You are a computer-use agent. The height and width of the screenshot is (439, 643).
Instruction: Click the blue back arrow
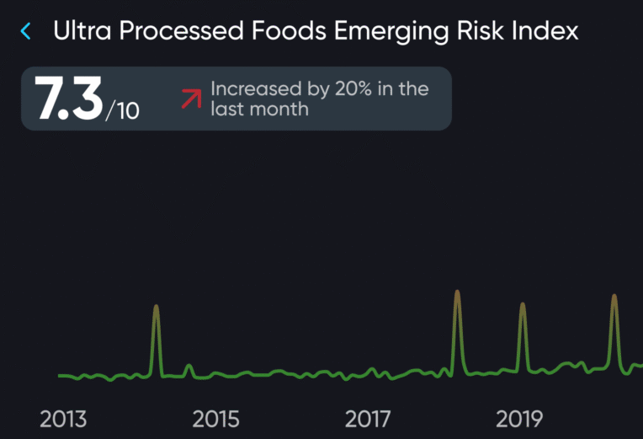click(x=25, y=32)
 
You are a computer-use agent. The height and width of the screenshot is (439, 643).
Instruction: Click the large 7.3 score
click(x=67, y=99)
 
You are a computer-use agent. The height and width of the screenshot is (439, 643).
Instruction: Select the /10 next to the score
click(x=123, y=110)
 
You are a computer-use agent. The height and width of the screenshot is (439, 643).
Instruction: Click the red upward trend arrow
click(x=191, y=99)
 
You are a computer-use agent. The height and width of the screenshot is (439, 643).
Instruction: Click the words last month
click(x=259, y=110)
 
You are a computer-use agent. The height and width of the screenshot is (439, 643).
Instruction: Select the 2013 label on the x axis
click(x=63, y=418)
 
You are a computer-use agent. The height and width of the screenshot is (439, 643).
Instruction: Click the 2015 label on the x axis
click(x=215, y=418)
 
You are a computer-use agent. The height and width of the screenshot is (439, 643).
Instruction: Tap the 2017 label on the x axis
click(x=368, y=418)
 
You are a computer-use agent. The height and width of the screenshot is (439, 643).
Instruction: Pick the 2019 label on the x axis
click(x=519, y=418)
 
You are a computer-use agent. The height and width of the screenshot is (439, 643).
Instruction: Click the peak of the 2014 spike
click(x=156, y=307)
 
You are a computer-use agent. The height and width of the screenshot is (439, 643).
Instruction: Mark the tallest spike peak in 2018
click(x=457, y=292)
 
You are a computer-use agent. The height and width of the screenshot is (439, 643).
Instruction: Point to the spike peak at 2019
click(x=523, y=304)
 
